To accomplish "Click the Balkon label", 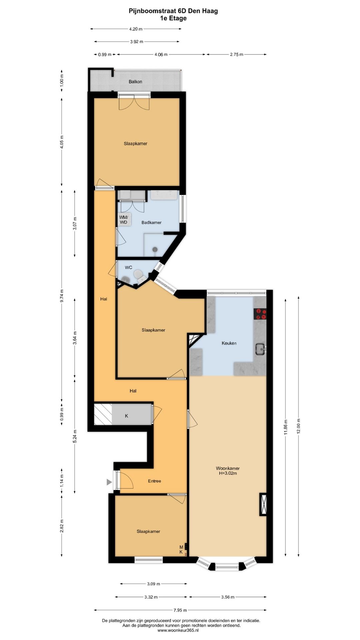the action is pos(135,82).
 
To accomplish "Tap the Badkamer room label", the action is pos(151,222).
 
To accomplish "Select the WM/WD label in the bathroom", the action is pos(124,220).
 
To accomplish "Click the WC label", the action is pos(128,267).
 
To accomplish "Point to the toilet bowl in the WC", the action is pos(138,275).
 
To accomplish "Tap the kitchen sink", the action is pos(260,349).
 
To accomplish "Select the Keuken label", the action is pos(229,343).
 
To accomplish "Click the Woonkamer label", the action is pos(228,468).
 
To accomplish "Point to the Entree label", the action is pos(154,481).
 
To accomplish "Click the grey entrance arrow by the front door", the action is pos(109,482).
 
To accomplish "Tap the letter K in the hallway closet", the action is pos(126,416).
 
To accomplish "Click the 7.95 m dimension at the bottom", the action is pos(180,610).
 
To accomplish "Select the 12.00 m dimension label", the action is pos(298,426).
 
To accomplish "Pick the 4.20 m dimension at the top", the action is pos(136,29).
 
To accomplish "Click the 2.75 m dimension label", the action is pos(236,54).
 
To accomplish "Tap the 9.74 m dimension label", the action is pos(62,296).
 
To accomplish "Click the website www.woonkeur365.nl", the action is pos(178,630).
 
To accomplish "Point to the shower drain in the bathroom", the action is pos(155,249).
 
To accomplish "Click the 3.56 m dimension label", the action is pos(228,597).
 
